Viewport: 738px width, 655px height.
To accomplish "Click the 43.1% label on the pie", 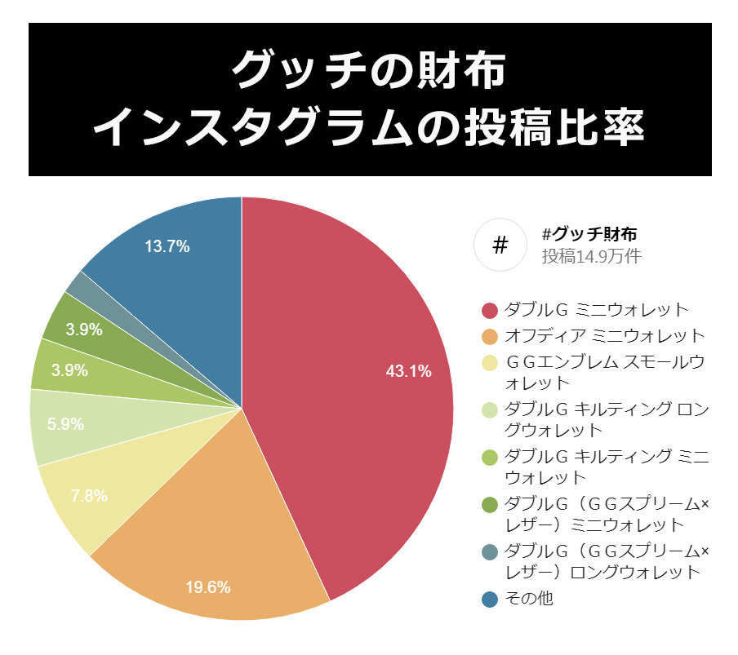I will click(408, 372).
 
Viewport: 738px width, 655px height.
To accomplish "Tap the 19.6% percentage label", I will click(207, 586).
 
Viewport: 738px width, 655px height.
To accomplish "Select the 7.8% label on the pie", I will click(89, 496).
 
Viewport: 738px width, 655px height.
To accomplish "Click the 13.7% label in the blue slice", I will click(167, 246).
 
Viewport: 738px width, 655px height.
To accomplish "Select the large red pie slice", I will click(359, 343).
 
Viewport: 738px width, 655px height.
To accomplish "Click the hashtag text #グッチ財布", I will click(589, 235).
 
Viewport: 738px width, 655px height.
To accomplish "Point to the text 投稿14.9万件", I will click(591, 256).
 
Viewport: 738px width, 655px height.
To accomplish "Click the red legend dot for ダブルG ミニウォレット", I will click(490, 310).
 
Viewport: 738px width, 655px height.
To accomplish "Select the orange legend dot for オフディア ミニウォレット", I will click(490, 336).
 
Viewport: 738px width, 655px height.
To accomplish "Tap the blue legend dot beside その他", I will click(490, 600).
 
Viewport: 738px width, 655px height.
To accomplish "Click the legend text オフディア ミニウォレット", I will click(604, 336).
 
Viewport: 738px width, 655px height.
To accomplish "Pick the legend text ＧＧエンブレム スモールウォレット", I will click(604, 372).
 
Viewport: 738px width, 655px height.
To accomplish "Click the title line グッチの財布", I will click(369, 71).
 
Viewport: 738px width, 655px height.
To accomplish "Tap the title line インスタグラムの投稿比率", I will click(369, 128).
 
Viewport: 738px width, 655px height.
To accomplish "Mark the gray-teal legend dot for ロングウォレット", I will click(490, 551).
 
